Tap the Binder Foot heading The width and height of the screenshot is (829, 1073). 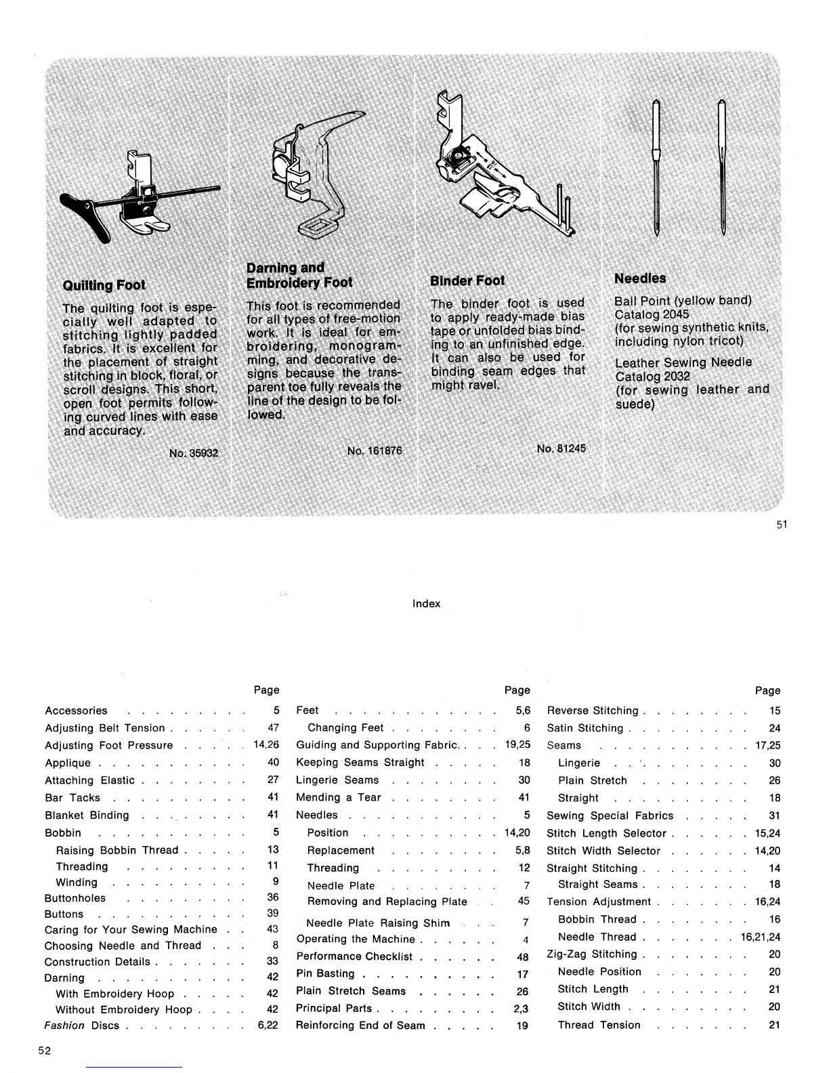[467, 280]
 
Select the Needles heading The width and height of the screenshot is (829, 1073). [639, 278]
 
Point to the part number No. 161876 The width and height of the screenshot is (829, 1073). [375, 450]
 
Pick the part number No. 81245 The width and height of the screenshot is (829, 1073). [561, 448]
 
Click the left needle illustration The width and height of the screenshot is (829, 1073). [656, 169]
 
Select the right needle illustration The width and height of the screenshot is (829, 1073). [722, 169]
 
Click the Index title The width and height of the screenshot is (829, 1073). [426, 604]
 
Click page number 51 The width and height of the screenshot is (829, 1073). [782, 524]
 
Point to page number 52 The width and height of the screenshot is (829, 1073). [43, 1051]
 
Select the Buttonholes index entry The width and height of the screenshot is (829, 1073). [75, 898]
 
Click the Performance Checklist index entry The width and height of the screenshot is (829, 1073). [354, 956]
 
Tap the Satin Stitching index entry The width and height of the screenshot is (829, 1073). [584, 728]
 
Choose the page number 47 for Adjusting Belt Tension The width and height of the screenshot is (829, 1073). [274, 728]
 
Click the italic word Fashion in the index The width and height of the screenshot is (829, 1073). [64, 1026]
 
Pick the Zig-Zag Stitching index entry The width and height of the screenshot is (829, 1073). [591, 954]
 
